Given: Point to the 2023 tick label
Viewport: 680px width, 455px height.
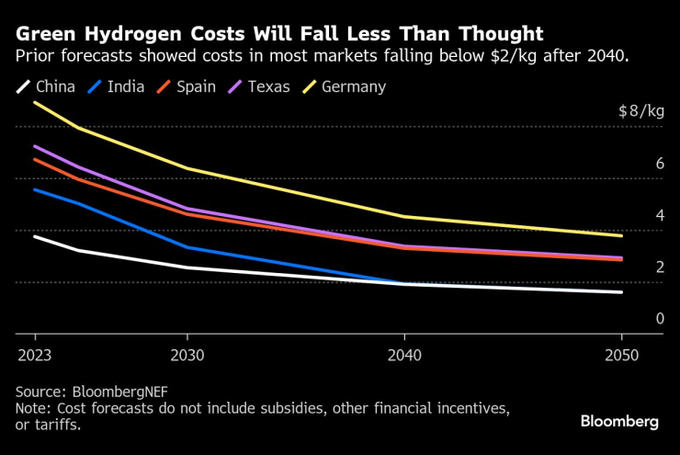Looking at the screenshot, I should click(34, 354).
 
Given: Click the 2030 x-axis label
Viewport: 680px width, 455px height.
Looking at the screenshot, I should click(187, 354).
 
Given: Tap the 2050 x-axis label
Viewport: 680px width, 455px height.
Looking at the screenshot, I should click(622, 354).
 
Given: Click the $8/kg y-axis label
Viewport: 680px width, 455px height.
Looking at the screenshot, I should click(640, 111).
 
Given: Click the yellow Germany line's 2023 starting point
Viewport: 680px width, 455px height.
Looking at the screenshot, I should click(35, 102).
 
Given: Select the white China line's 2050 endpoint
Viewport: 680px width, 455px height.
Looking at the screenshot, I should click(622, 292).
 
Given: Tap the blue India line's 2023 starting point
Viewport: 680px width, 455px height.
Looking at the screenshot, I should click(35, 189).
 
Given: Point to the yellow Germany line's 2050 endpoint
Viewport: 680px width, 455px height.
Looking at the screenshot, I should click(622, 235).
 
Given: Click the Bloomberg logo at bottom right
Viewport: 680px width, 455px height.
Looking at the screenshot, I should click(619, 421).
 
